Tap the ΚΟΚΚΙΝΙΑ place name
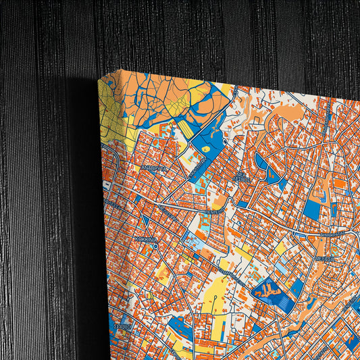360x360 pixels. (x=146, y=239)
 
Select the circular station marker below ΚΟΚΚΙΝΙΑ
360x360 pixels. (x=155, y=247)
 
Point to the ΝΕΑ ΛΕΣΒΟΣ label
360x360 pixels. (x=241, y=176)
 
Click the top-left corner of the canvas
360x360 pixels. (x=99, y=78)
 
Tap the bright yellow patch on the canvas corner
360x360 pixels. (x=109, y=115)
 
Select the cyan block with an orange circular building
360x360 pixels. (x=192, y=243)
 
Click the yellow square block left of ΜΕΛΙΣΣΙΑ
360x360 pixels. (x=280, y=248)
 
